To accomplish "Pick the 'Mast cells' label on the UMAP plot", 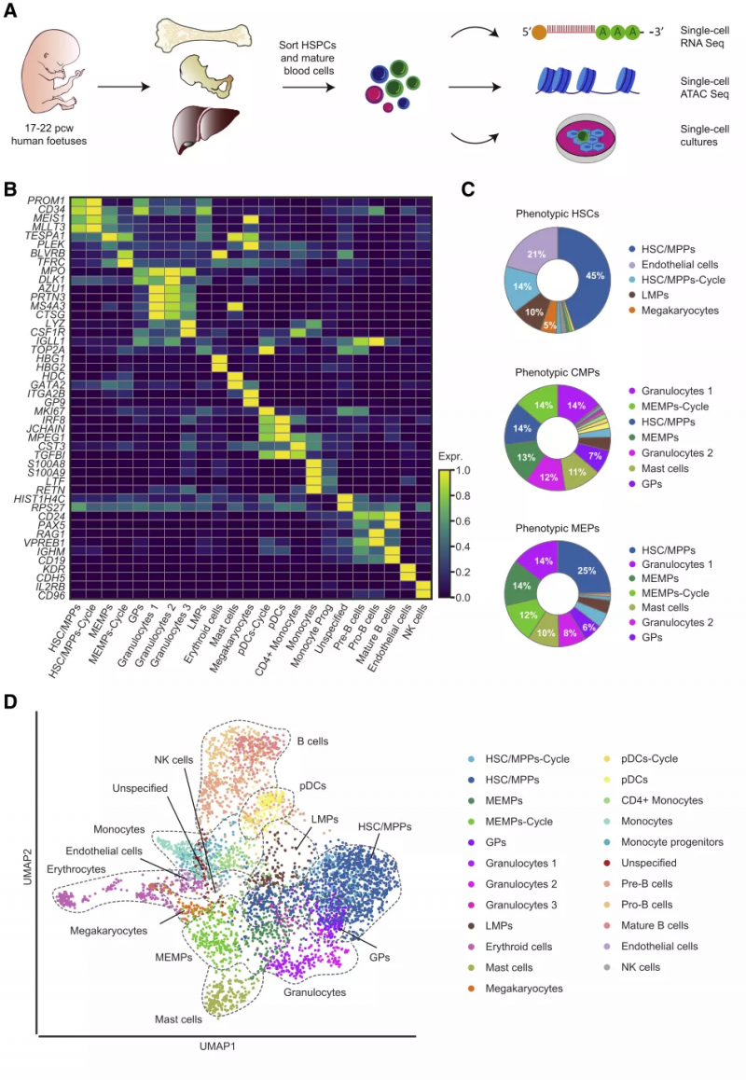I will [178, 1020].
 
